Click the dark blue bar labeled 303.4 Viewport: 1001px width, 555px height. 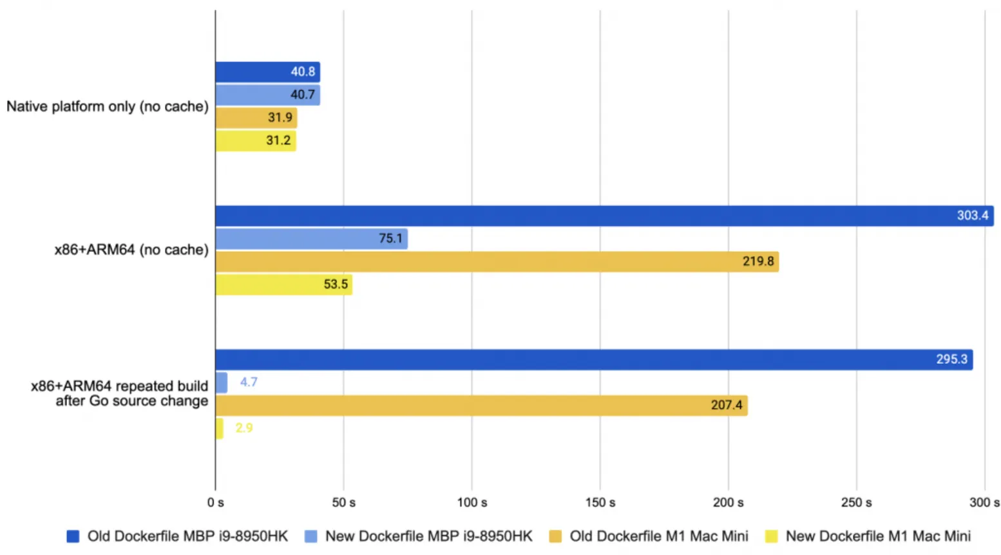604,216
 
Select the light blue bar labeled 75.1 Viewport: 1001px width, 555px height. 311,239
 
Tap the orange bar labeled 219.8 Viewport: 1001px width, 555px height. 497,261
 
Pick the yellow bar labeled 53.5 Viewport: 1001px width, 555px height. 283,285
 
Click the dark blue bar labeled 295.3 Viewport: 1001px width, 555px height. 593,359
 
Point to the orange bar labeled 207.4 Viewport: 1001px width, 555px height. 481,405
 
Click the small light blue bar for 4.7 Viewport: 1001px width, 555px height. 221,382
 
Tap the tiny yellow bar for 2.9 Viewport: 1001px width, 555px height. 219,428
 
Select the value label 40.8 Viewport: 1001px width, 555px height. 303,72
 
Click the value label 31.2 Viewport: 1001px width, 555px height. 278,140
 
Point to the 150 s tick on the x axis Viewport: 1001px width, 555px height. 600,502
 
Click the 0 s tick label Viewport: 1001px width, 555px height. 216,502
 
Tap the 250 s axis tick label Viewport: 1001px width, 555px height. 856,502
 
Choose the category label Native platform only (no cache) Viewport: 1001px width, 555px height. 108,106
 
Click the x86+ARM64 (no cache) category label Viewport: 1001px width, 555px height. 131,250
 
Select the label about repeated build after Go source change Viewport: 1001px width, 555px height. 120,393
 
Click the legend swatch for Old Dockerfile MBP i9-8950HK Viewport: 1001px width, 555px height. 73,536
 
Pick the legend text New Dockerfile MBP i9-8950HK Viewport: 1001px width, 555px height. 428,536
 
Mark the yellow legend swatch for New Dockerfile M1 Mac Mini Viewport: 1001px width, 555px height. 771,536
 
